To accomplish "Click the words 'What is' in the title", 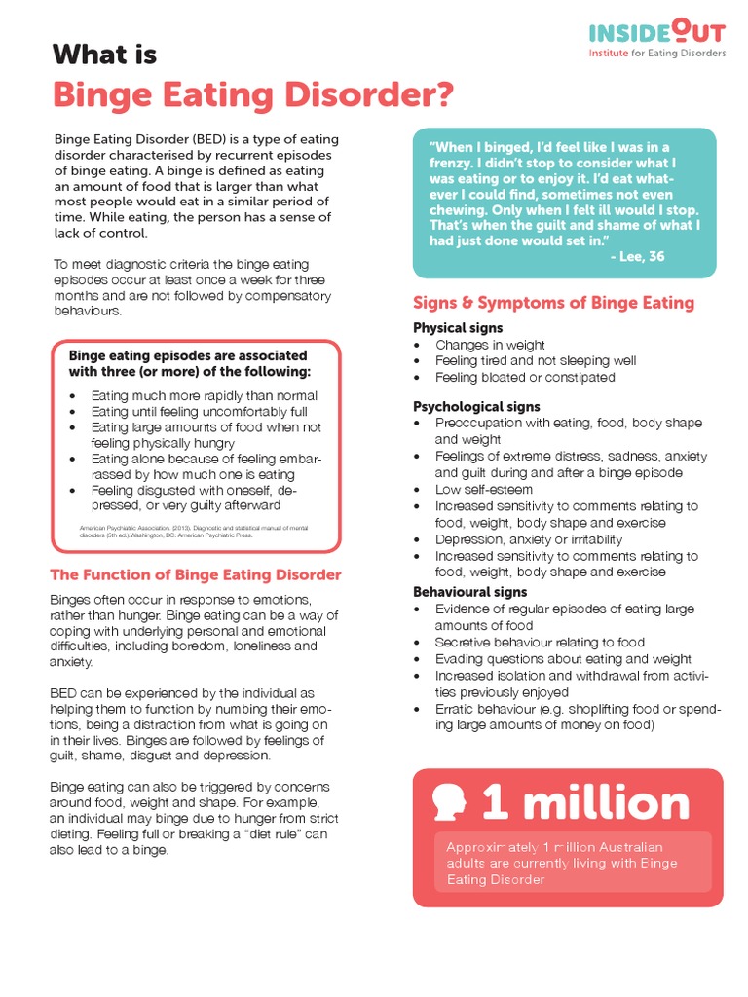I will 104,55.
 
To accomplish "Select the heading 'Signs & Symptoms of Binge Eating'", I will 553,303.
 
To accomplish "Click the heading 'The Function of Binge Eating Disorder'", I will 196,574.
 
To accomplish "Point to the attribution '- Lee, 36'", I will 637,256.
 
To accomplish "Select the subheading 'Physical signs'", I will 458,328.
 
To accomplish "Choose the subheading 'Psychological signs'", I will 476,407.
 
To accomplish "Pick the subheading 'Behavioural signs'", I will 469,592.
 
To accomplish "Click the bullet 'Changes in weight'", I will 490,345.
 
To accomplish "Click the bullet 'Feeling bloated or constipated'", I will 525,377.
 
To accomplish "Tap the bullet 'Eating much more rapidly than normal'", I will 205,396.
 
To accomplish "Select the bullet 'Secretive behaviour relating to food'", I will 540,643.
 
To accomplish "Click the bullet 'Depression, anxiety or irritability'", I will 529,539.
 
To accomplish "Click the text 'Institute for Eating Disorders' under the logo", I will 657,54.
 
